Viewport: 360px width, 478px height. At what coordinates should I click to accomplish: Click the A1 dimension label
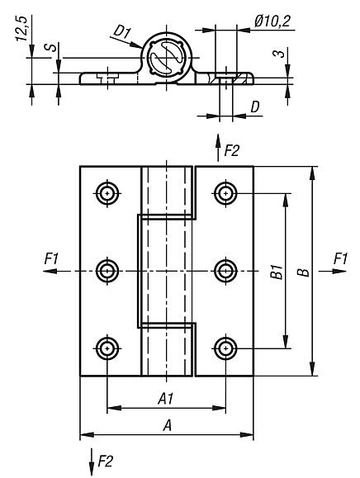tap(166, 398)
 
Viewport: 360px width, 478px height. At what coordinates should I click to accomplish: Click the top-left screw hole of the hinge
tap(107, 193)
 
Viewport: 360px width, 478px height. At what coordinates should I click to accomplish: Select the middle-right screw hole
tap(225, 271)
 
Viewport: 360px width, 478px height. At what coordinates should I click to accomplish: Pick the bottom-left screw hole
tap(107, 348)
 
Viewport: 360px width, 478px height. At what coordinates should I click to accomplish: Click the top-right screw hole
tap(225, 193)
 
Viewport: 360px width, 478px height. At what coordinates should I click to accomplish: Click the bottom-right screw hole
tap(225, 348)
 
